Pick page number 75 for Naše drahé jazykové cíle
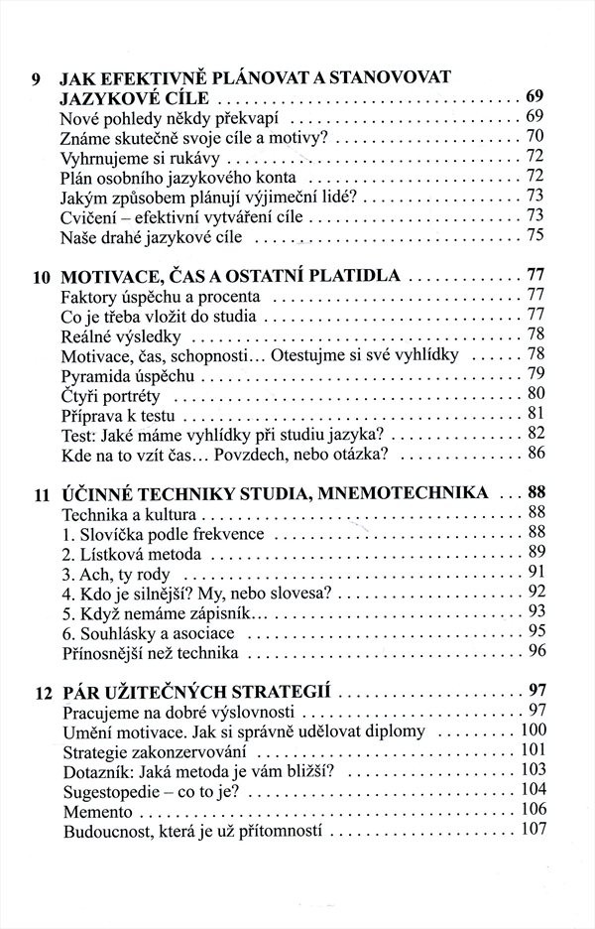point(535,235)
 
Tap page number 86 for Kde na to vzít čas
point(536,453)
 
